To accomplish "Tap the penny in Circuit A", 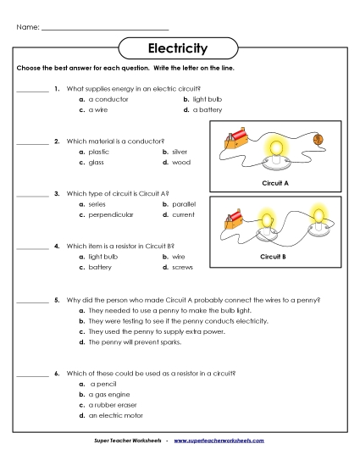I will click(x=318, y=139).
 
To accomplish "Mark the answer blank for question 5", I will click(x=32, y=300).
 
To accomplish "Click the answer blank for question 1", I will click(x=32, y=88).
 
